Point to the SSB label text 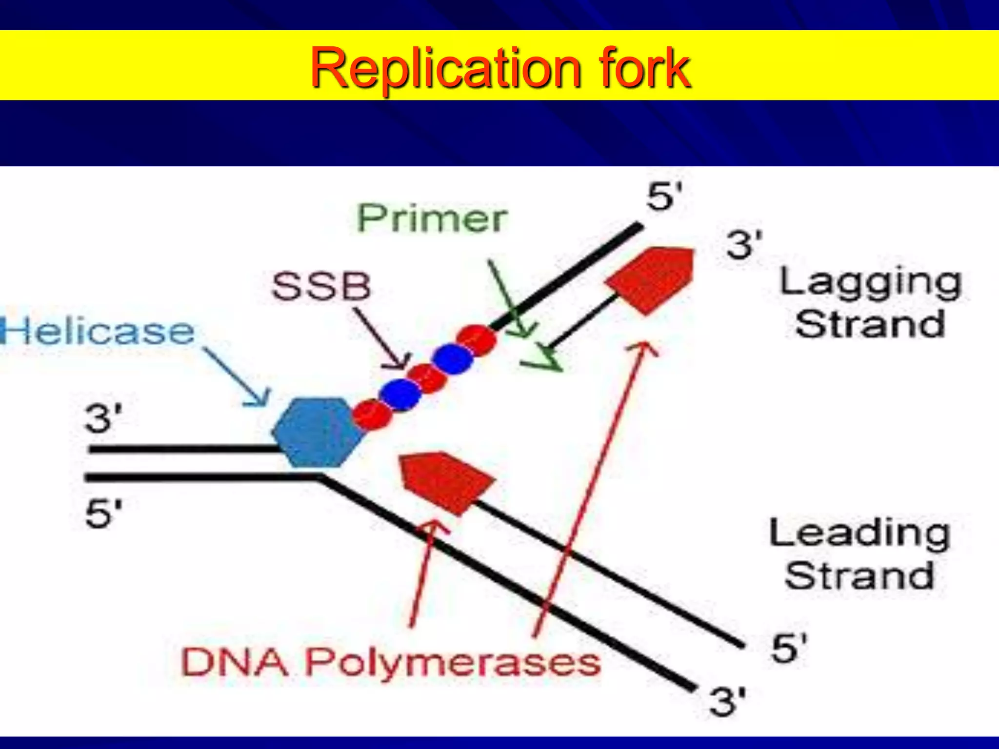pyautogui.click(x=321, y=286)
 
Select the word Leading pyautogui.click(x=859, y=534)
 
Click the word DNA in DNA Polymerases pyautogui.click(x=234, y=663)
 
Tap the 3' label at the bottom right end pyautogui.click(x=727, y=702)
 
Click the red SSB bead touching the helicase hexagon pyautogui.click(x=372, y=414)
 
